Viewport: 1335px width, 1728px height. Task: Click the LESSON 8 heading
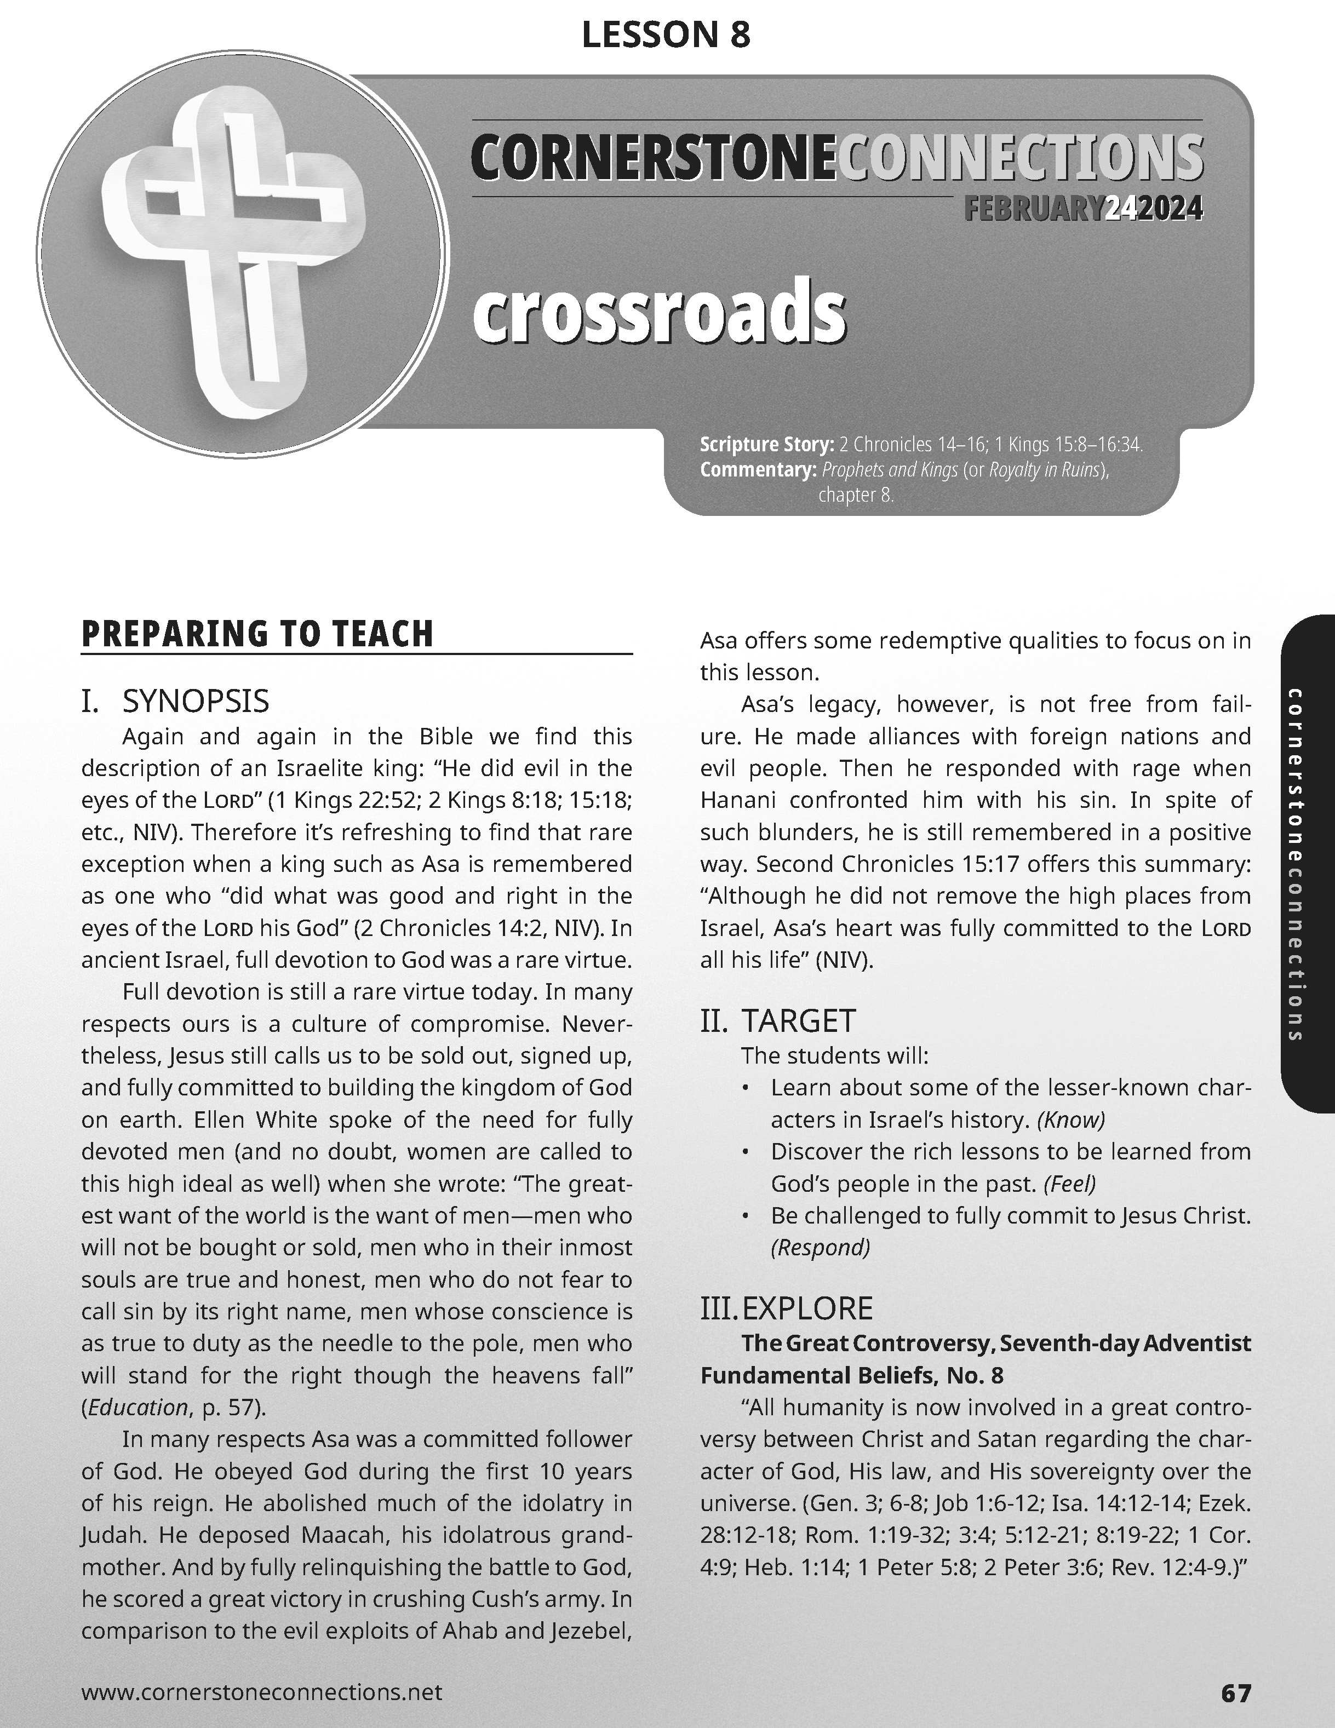(x=666, y=35)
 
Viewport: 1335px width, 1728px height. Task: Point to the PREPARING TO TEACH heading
(x=257, y=635)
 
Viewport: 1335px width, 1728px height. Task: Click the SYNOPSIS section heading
(x=196, y=701)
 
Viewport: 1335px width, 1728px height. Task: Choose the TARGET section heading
(x=798, y=1021)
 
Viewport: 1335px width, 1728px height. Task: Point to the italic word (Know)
(x=1071, y=1120)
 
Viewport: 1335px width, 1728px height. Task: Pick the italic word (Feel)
(x=1070, y=1184)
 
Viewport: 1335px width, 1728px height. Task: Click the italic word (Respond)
(x=821, y=1248)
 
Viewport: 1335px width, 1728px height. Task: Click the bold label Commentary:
(x=757, y=470)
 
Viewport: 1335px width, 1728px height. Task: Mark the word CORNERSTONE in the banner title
(x=653, y=158)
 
